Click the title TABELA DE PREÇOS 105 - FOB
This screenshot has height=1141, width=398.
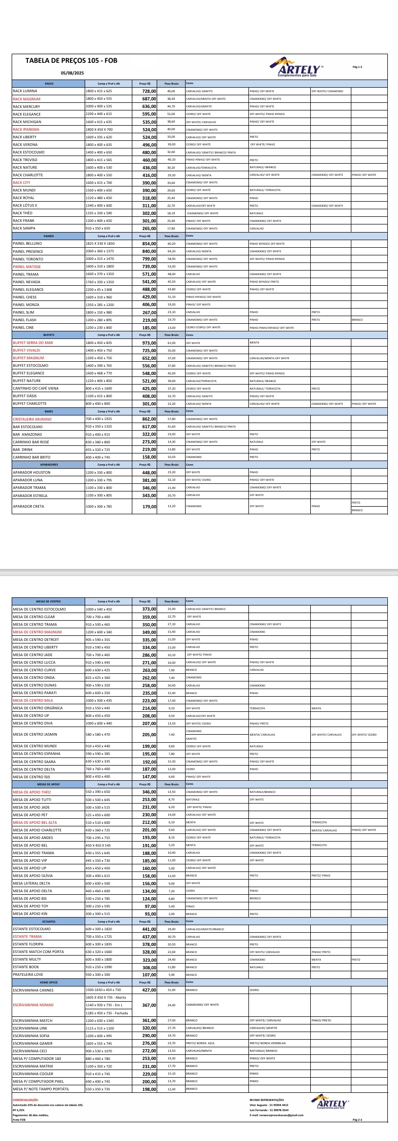[71, 61]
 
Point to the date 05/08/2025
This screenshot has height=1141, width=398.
[72, 73]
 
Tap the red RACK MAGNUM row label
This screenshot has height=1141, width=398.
[26, 99]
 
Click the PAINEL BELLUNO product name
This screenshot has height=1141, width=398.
[27, 244]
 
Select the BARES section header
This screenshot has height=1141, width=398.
[49, 411]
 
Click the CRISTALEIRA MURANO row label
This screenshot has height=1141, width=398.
[32, 419]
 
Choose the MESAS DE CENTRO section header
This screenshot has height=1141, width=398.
[49, 601]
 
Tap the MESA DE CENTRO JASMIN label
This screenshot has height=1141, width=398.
[35, 734]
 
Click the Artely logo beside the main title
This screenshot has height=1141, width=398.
[301, 68]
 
